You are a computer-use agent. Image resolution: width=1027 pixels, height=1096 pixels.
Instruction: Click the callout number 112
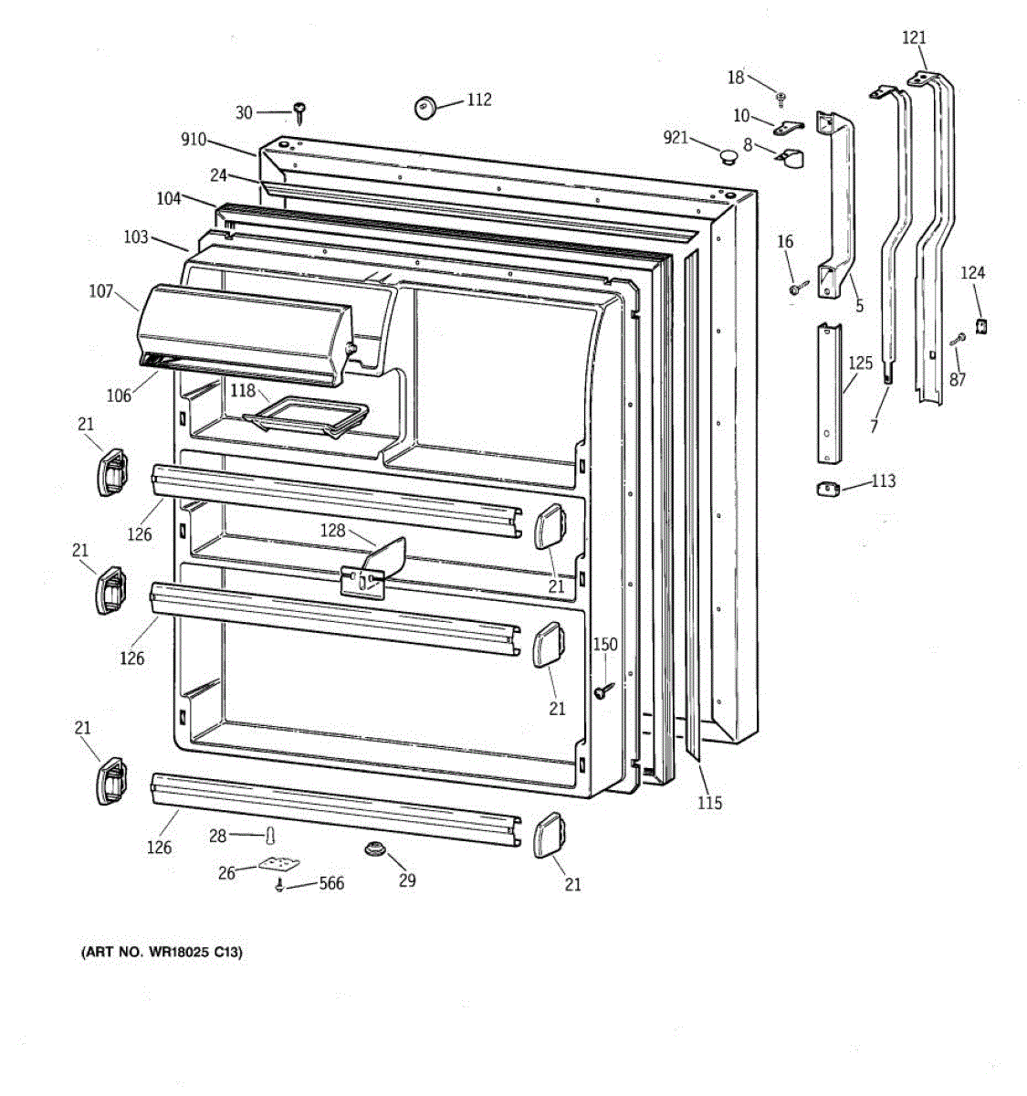(478, 100)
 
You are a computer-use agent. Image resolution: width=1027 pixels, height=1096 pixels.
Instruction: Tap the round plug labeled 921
(728, 158)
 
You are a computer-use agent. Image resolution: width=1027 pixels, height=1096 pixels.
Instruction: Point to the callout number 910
(194, 141)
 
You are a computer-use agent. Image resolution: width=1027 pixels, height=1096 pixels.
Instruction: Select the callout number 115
(709, 803)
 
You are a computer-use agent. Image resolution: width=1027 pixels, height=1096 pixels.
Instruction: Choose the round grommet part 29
(373, 849)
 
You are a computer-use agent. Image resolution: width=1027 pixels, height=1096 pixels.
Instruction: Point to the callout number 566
(331, 883)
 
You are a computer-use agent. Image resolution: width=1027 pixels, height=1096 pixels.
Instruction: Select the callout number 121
(914, 37)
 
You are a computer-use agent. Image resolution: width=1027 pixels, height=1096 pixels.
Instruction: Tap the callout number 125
(860, 363)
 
